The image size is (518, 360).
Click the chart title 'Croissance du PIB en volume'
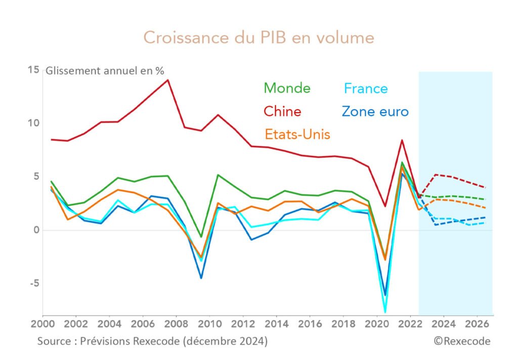point(258,38)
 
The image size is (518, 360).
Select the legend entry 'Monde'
point(287,88)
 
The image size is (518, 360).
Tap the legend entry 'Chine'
point(282,111)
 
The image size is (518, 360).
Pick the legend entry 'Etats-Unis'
point(297,134)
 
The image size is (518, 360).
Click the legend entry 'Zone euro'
point(375,111)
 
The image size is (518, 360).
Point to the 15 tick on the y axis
point(33,70)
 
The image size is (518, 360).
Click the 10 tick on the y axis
point(33,123)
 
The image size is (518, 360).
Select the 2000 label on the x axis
point(43,323)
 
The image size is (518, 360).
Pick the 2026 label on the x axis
point(476,323)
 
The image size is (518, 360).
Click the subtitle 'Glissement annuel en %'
point(105,71)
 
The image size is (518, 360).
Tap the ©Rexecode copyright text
point(461,341)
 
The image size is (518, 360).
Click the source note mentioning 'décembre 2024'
point(152,341)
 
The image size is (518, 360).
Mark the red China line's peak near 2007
point(167,80)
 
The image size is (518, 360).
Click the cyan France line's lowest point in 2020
point(385,312)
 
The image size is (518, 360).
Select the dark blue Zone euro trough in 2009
point(201,278)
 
